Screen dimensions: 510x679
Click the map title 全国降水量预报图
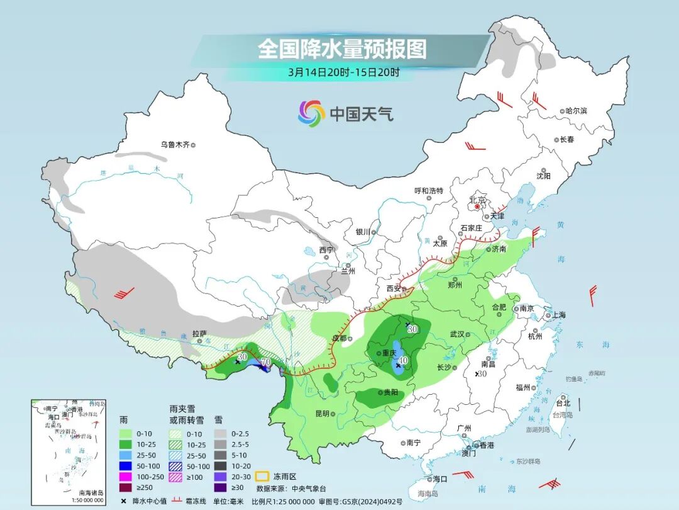(x=342, y=48)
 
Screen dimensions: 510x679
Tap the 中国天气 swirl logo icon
(x=311, y=113)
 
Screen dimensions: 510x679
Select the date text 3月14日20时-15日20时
(x=343, y=72)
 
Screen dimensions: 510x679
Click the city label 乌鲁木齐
(x=174, y=144)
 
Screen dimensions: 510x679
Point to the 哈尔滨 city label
(x=575, y=111)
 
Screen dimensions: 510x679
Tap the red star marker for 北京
(x=477, y=206)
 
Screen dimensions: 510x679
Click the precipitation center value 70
(x=265, y=362)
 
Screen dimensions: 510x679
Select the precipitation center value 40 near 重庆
(x=404, y=360)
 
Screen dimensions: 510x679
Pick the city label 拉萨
(x=199, y=334)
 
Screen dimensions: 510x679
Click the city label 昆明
(x=322, y=414)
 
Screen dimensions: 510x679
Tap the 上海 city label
(x=558, y=315)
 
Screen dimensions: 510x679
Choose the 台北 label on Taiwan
(x=563, y=403)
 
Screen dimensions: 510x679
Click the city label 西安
(x=394, y=288)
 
